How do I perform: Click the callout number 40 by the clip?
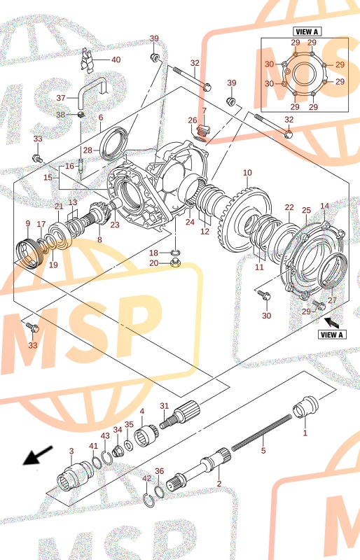[x=116, y=59]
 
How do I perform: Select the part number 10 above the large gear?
[x=247, y=173]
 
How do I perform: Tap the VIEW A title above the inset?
[x=306, y=31]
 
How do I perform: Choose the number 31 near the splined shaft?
[x=164, y=406]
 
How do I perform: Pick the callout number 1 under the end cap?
[x=305, y=433]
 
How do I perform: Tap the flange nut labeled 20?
[x=175, y=264]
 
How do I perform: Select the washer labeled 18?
[x=175, y=253]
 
